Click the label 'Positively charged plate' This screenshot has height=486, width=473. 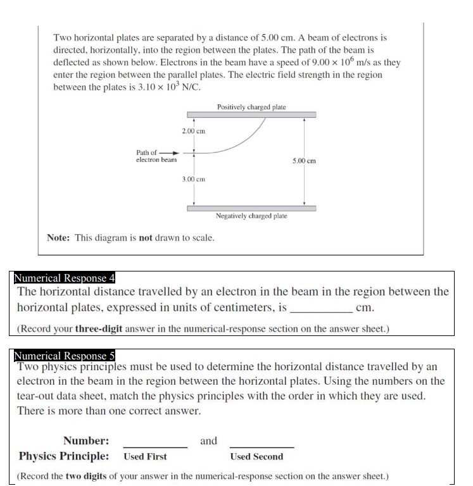251,107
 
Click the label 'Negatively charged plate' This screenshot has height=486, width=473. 251,216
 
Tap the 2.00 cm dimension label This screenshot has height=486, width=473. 193,131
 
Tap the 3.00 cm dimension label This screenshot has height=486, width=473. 193,180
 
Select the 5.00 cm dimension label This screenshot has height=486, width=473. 304,161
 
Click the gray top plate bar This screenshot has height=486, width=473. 251,115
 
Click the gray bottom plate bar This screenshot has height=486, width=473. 251,208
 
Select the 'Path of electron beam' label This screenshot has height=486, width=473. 156,156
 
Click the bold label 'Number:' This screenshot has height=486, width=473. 86,441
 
